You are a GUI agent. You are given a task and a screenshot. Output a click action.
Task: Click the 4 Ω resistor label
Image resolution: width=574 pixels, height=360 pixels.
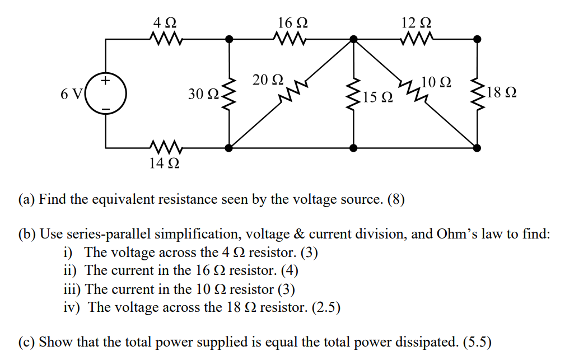165,23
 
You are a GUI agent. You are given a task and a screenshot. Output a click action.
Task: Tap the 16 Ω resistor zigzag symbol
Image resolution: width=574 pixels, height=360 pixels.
290,39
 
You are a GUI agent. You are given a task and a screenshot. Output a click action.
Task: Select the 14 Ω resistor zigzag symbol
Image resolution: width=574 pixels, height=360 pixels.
165,148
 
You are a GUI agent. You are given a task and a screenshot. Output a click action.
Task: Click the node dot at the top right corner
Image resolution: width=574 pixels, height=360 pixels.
477,39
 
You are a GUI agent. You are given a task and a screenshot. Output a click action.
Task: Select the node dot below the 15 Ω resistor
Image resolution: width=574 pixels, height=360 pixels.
353,148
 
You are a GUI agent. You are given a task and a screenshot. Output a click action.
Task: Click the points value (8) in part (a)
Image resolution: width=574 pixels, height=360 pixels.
395,199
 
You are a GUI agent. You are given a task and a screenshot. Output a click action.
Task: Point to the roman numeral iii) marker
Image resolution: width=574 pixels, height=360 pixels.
72,289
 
